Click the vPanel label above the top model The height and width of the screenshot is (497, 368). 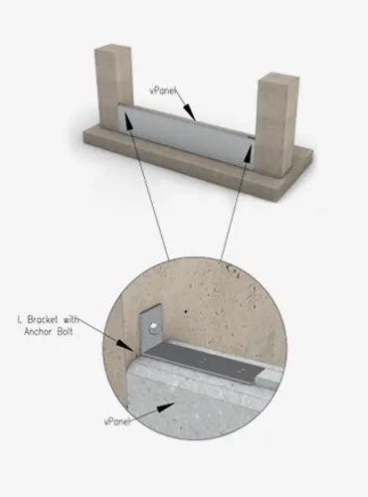[x=163, y=90]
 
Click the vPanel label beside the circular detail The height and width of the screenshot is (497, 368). [x=117, y=421]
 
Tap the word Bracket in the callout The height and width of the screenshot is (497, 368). [x=43, y=320]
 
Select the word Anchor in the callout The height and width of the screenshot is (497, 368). [x=38, y=332]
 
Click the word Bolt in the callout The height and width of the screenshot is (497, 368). [x=65, y=332]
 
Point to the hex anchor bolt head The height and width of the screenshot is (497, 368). [x=153, y=329]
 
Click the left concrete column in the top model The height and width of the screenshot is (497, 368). [x=114, y=86]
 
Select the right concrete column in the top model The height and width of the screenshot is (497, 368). [x=276, y=124]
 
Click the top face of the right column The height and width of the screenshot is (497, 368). [x=278, y=79]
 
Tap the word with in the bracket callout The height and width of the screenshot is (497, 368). [x=71, y=320]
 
